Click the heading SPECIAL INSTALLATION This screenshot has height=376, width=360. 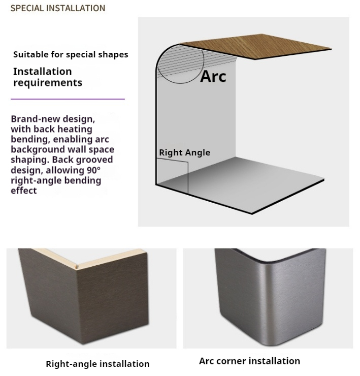coord(58,8)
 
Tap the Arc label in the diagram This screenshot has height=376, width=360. coord(213,76)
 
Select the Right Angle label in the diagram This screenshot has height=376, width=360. coord(184,152)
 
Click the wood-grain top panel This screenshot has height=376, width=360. coord(256,46)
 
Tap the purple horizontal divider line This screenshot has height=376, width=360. coord(68,99)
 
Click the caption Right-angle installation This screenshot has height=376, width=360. coord(97,364)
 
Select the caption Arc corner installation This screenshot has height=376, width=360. coord(249,361)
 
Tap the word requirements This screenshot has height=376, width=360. coord(48,83)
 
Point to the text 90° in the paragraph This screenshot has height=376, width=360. coord(93,170)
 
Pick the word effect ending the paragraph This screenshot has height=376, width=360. coord(24,191)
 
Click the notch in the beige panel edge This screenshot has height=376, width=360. coord(77,267)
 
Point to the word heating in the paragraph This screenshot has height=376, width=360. coord(75,129)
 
